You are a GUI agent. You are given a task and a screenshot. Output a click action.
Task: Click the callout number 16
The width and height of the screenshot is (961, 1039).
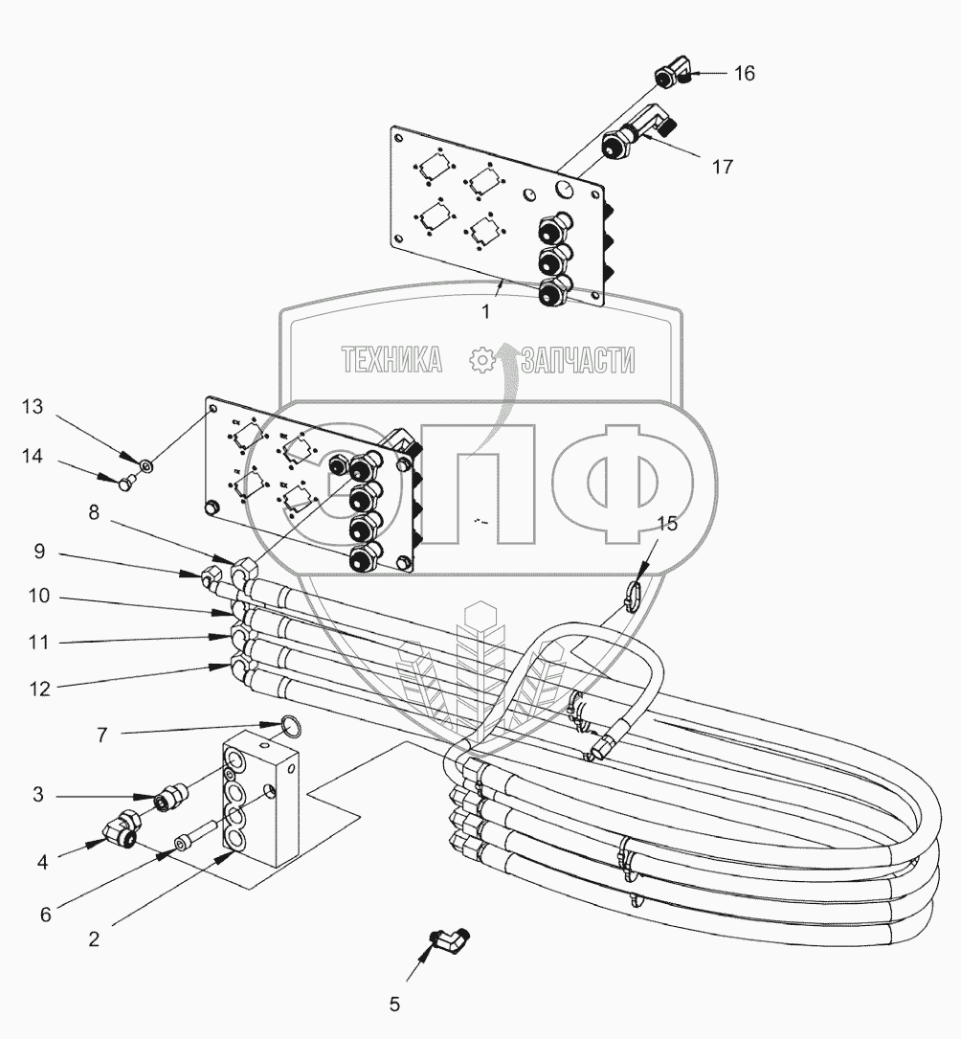744,74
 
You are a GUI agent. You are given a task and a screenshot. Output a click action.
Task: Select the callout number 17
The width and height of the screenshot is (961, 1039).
722,167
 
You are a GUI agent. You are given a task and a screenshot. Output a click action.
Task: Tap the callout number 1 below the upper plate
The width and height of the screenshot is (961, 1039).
486,311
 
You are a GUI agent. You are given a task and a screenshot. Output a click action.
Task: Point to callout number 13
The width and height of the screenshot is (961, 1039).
33,406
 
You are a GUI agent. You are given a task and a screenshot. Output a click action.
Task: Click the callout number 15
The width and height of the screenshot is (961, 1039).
667,523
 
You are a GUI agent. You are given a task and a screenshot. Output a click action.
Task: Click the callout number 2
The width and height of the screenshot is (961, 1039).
94,939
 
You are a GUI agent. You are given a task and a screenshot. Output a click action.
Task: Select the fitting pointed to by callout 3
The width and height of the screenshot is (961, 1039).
170,795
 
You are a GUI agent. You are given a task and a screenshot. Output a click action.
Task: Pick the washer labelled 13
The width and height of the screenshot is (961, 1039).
145,466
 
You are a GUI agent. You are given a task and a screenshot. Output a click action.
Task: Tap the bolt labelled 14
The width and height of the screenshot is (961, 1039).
126,486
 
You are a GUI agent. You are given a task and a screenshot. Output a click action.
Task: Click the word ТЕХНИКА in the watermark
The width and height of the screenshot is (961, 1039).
391,360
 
